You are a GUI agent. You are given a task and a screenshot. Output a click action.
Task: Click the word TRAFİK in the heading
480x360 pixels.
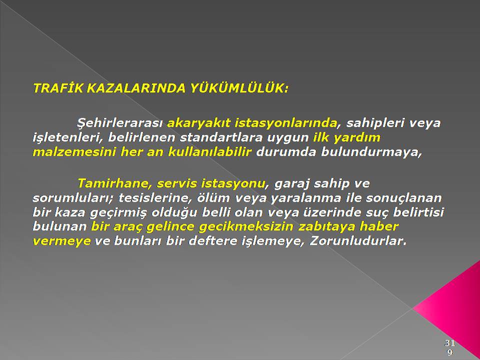pos(58,88)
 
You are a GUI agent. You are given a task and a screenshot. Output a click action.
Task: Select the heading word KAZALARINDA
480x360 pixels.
pos(136,88)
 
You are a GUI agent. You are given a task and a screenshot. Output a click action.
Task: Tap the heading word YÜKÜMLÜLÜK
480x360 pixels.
pos(239,88)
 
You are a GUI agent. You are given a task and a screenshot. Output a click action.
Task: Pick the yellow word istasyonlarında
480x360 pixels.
pos(286,123)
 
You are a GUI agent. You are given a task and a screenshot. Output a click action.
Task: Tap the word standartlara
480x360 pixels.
pos(221,137)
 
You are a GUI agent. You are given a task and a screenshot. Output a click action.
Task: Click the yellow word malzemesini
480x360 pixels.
pos(74,152)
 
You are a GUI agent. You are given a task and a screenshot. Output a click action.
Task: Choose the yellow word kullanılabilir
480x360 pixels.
pos(209,152)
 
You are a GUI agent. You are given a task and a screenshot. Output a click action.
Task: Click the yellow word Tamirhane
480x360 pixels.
pos(115,183)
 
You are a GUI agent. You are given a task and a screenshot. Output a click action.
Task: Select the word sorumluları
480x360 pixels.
pos(73,198)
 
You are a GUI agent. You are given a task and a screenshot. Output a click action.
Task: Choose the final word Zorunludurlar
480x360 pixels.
pos(358,241)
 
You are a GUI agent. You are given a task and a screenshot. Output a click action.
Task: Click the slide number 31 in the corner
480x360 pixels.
pos(449,343)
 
